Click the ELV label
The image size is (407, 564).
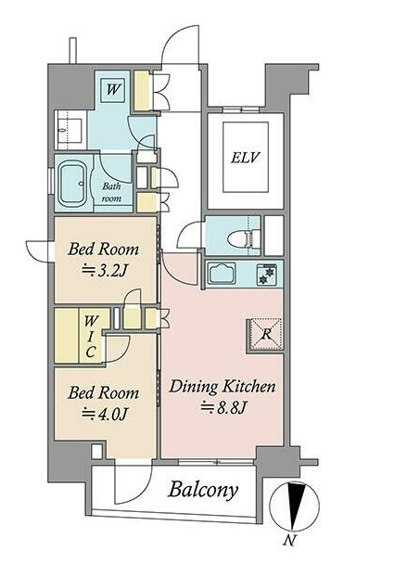pos(246,158)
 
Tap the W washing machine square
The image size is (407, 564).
pos(113,89)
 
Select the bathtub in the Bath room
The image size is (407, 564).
pos(73,184)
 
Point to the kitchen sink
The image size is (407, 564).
pos(223,273)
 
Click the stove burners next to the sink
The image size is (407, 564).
pos(266,274)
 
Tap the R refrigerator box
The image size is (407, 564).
pos(266,335)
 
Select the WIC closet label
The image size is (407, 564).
pos(91,337)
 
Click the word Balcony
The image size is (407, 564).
pos(203,489)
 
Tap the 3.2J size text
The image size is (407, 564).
pos(104,271)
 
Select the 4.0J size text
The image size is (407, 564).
pos(104,414)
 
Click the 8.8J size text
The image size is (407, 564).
pos(223,407)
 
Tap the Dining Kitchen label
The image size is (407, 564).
pos(223,387)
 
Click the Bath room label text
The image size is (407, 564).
pos(112,192)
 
